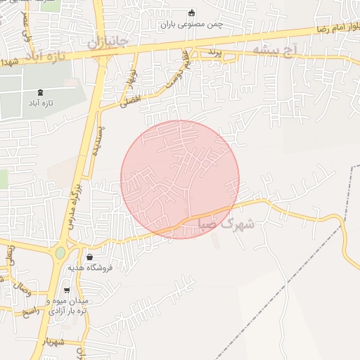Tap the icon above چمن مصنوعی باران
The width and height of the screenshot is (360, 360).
[191, 13]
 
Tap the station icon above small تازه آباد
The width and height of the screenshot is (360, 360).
[39, 91]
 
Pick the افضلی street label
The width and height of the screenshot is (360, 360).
[130, 100]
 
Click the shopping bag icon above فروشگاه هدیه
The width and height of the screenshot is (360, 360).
[89, 257]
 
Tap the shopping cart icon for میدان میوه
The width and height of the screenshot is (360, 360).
[67, 290]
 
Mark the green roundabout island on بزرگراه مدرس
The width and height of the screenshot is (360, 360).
[60, 252]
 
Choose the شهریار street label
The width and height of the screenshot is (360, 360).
[52, 342]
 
